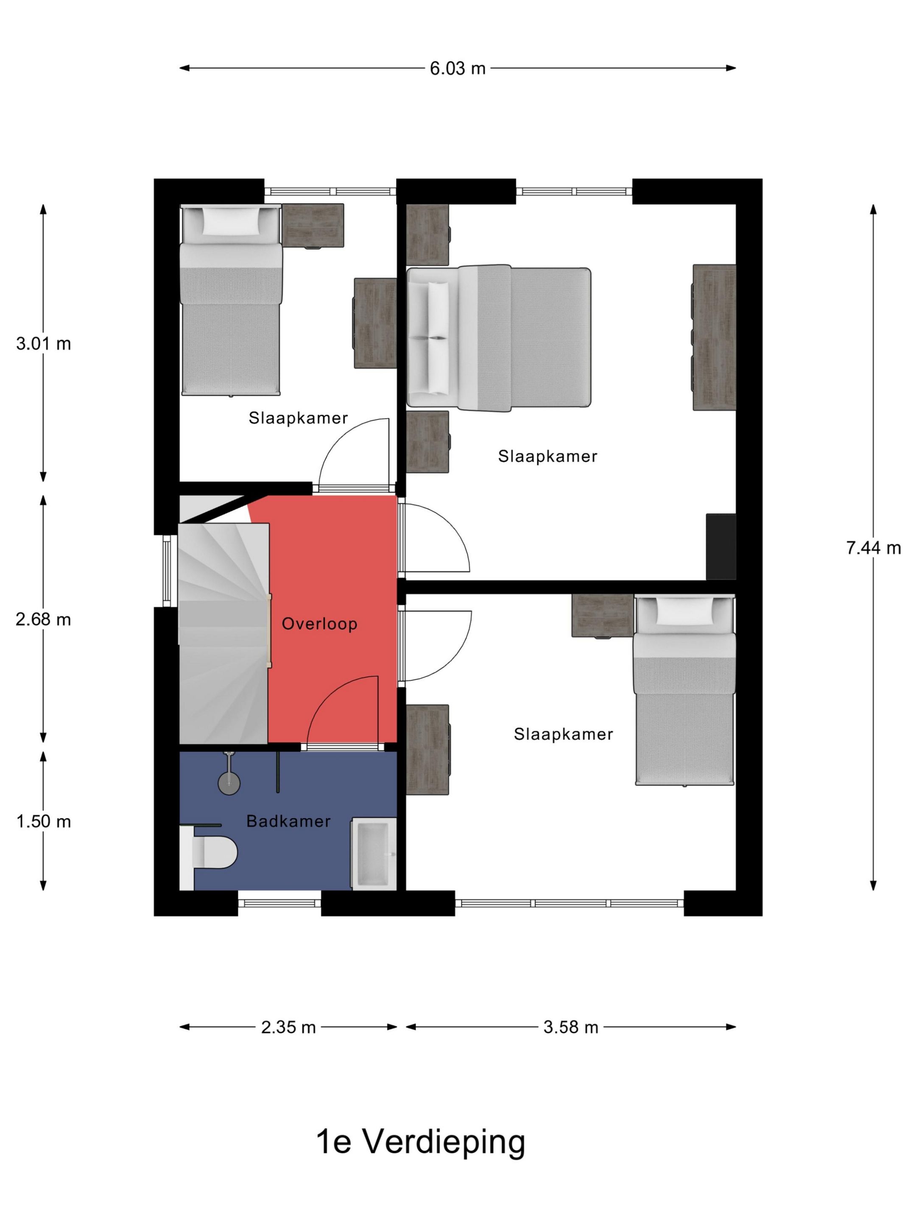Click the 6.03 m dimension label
pyautogui.click(x=457, y=68)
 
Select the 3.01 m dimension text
pyautogui.click(x=44, y=344)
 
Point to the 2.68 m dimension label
pyautogui.click(x=44, y=620)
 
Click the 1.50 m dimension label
pyautogui.click(x=44, y=822)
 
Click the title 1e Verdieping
pyautogui.click(x=420, y=1143)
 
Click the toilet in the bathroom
pyautogui.click(x=209, y=852)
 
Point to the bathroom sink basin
pyautogui.click(x=374, y=853)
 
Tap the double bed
pyautogui.click(x=499, y=338)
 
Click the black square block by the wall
pyautogui.click(x=721, y=546)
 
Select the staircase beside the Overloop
pyautogui.click(x=223, y=633)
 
